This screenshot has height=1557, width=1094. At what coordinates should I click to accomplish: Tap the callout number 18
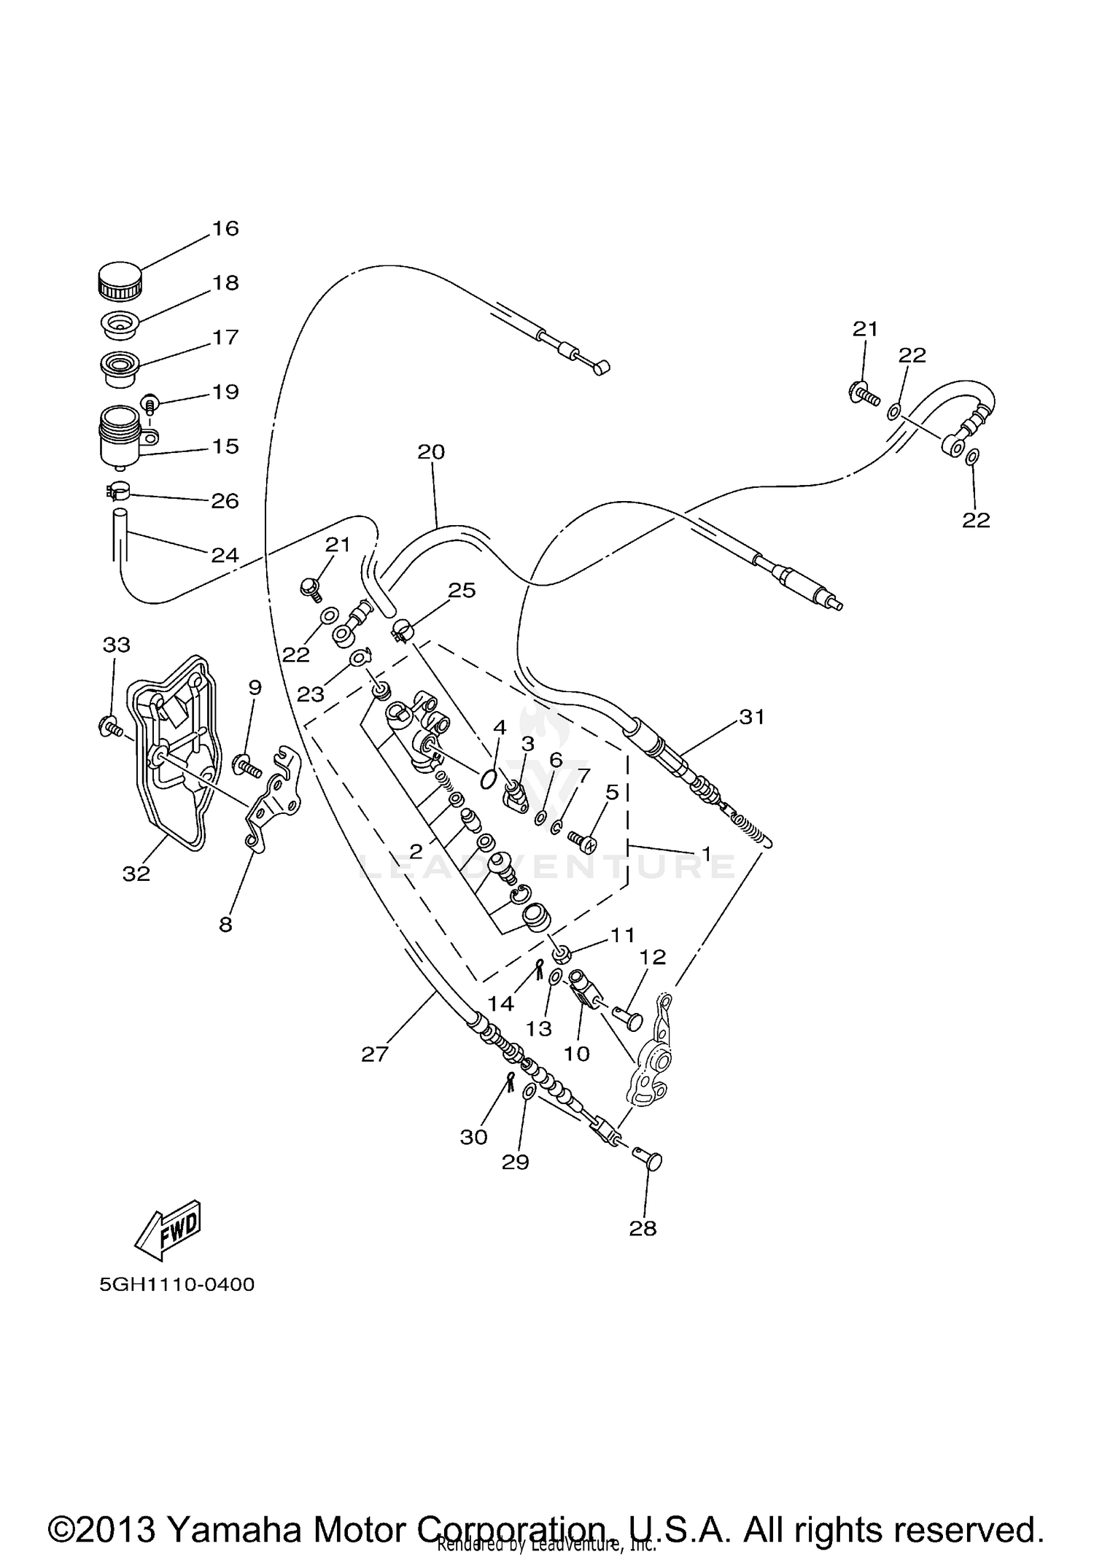[x=226, y=283]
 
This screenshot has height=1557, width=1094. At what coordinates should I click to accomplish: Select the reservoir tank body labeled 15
[x=121, y=437]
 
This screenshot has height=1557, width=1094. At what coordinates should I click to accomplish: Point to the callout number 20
[x=431, y=452]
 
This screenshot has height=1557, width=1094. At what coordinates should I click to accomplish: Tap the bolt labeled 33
[x=109, y=726]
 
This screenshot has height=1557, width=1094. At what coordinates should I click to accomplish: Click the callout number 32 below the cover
[x=136, y=873]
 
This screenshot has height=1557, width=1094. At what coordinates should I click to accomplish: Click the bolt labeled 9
[x=246, y=766]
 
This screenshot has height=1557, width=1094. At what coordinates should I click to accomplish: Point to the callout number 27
[x=375, y=1054]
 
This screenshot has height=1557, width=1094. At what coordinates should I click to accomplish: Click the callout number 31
[x=752, y=718]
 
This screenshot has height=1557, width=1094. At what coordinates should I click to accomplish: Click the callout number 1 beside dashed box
[x=706, y=852]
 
